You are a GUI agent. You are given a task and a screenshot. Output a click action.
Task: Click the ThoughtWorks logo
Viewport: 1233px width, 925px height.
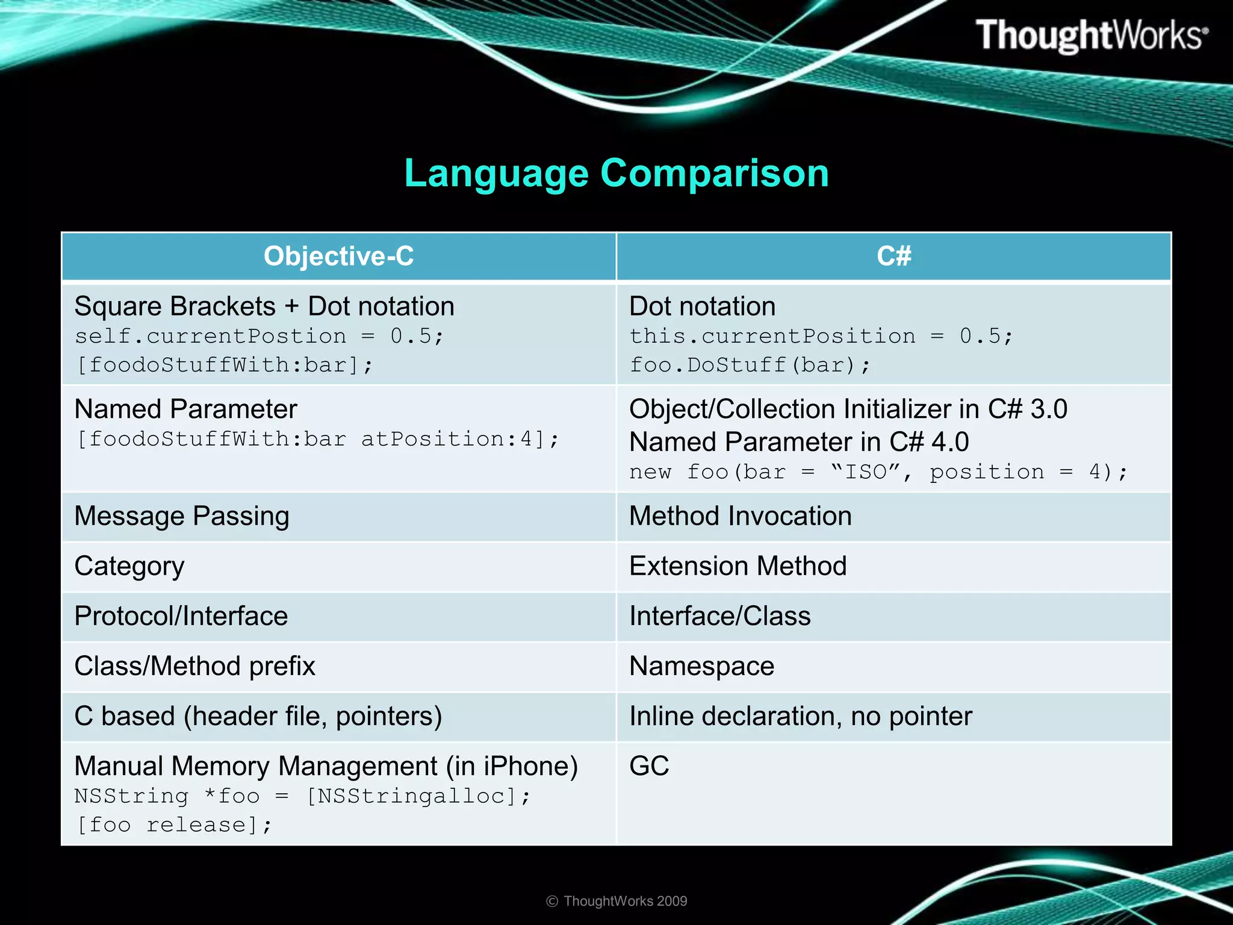click(1091, 35)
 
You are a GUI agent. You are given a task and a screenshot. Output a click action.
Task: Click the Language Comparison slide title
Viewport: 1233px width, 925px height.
click(616, 173)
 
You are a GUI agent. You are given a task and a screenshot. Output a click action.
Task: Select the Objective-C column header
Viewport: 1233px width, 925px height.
click(338, 257)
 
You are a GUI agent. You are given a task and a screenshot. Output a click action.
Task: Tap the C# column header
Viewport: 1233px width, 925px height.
click(893, 257)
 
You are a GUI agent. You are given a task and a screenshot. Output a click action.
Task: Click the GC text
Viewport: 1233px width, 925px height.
click(648, 767)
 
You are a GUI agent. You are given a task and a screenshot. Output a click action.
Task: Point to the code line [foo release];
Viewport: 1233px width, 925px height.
click(174, 825)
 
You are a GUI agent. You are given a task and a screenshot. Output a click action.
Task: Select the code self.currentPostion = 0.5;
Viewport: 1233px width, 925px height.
click(259, 336)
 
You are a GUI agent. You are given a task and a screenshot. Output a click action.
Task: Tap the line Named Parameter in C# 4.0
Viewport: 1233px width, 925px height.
click(798, 443)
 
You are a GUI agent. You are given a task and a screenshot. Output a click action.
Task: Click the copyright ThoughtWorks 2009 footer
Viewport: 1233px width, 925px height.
click(616, 901)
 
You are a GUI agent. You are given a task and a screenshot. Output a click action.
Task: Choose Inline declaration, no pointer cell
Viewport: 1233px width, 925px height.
click(800, 717)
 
